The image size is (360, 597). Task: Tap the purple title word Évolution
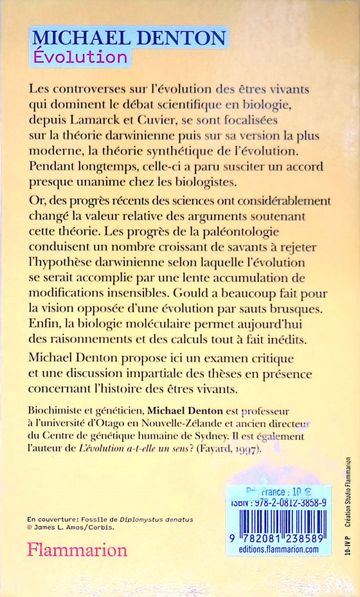click(80, 57)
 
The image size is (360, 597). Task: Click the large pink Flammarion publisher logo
click(76, 551)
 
